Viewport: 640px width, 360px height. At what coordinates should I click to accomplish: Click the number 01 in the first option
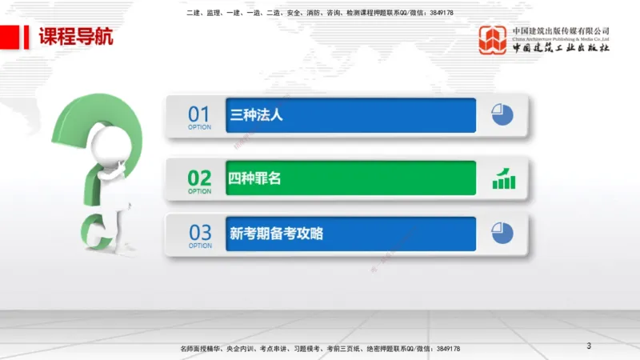click(x=199, y=114)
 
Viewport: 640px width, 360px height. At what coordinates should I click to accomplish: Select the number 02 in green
click(x=199, y=178)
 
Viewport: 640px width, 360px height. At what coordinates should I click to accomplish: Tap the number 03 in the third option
click(x=199, y=233)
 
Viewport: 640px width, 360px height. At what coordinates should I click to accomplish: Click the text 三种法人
click(x=256, y=115)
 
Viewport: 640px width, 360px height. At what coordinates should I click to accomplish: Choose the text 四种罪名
click(x=256, y=179)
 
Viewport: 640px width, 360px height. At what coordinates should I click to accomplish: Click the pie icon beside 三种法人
click(x=502, y=115)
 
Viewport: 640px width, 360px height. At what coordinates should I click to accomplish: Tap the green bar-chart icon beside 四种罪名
click(x=503, y=178)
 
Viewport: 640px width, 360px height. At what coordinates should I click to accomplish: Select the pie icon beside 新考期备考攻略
click(x=502, y=234)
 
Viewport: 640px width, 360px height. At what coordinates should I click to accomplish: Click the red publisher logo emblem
click(x=493, y=40)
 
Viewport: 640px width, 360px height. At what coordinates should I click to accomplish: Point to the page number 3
click(x=589, y=346)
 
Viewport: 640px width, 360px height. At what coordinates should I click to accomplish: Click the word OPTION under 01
click(x=199, y=127)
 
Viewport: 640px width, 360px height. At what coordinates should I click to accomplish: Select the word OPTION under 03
click(x=199, y=246)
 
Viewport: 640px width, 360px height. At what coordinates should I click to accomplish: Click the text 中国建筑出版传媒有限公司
click(x=561, y=30)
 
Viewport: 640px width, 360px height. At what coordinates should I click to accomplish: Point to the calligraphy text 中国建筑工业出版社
click(x=561, y=47)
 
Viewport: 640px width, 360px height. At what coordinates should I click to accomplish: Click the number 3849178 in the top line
click(x=440, y=13)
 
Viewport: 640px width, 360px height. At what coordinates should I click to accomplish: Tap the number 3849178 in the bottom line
click(x=445, y=349)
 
